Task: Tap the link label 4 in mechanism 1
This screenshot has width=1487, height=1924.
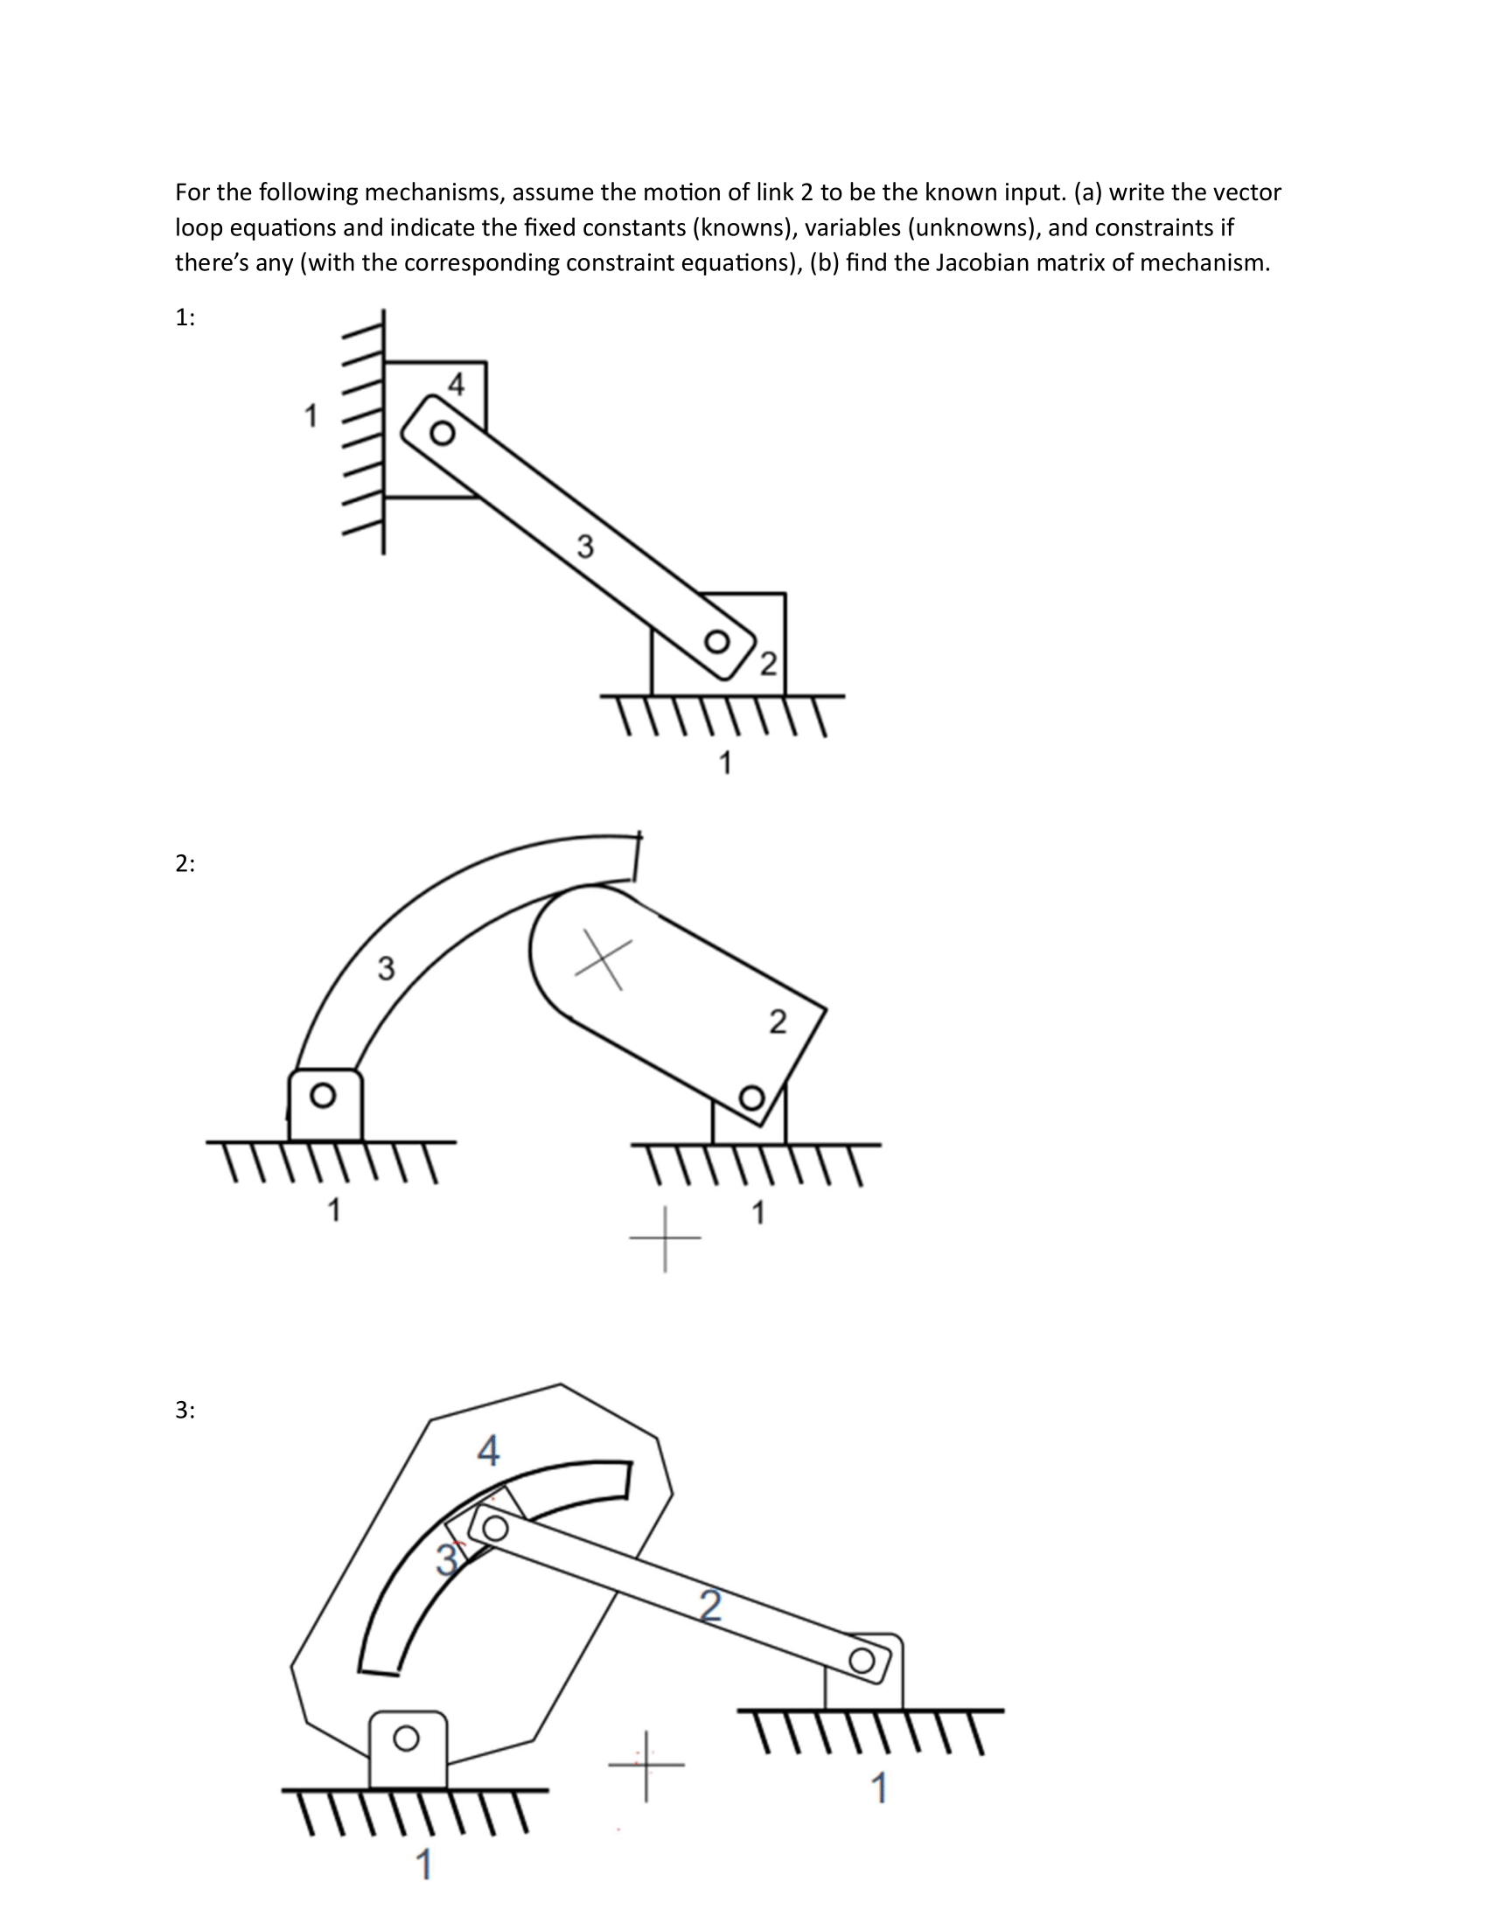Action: point(456,384)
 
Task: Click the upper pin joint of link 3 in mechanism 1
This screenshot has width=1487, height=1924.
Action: point(443,434)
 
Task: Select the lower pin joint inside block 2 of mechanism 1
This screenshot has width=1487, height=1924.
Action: point(718,641)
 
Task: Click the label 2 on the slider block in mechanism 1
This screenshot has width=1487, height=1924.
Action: point(768,664)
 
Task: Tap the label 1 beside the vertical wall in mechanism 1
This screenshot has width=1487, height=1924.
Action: point(311,415)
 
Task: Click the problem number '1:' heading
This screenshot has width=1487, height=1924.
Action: point(184,318)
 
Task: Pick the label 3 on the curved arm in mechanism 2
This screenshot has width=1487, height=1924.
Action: point(386,969)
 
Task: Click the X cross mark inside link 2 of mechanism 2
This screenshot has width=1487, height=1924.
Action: point(604,959)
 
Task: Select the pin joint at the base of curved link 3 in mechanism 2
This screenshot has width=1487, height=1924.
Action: point(324,1095)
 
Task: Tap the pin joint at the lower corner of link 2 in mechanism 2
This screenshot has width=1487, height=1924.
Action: point(751,1098)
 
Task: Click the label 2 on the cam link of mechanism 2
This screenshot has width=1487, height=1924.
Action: point(777,1021)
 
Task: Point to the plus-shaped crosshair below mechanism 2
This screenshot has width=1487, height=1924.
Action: point(665,1238)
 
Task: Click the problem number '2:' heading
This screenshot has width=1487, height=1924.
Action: point(184,864)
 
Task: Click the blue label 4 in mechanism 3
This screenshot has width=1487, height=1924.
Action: point(488,1450)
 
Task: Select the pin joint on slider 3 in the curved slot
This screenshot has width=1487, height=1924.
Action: point(495,1528)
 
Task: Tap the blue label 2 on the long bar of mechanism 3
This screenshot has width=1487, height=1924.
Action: point(711,1605)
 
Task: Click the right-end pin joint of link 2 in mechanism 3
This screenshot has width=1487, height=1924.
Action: point(862,1662)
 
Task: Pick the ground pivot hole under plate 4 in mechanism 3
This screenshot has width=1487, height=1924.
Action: point(406,1738)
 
